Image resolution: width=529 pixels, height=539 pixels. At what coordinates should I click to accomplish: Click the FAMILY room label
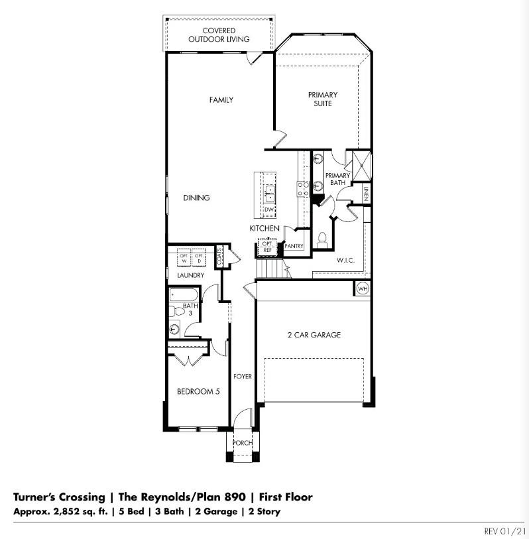221,100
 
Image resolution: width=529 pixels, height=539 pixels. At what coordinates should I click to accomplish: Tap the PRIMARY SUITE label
323,99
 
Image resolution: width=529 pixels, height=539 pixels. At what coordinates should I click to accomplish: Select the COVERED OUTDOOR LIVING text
219,35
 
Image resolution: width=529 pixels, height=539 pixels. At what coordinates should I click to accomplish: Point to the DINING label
197,198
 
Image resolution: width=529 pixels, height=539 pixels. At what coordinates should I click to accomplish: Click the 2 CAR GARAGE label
314,335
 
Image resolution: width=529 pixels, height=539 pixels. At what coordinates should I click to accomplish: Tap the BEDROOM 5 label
198,392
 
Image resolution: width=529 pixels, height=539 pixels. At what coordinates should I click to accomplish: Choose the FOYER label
243,377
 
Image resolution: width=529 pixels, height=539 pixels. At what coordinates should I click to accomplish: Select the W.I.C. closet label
345,261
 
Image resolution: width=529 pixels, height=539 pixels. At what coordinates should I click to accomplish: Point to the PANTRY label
294,246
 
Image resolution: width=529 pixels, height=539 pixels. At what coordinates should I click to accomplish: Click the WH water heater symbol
363,288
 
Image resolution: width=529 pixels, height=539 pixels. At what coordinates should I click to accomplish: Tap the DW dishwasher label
269,210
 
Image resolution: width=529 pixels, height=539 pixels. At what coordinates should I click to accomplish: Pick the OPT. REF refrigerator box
267,247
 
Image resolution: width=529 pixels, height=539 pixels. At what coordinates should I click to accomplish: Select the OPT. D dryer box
199,257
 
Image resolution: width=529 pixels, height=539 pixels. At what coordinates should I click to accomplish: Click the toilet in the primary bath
323,239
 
